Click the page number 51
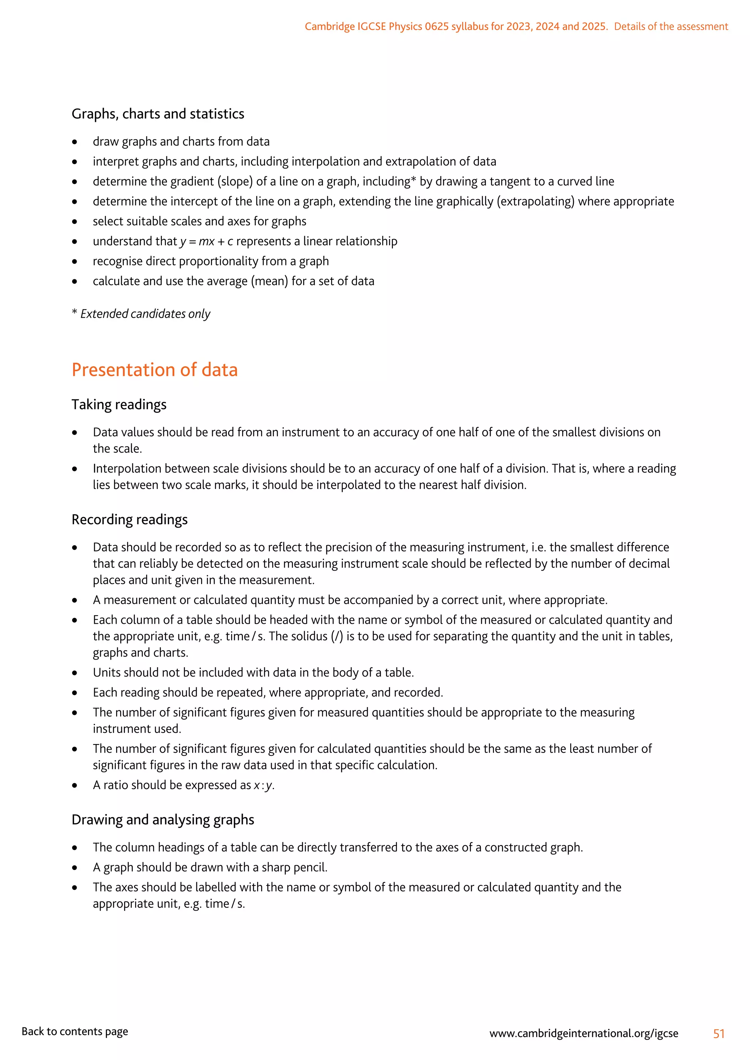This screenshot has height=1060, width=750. (x=719, y=1033)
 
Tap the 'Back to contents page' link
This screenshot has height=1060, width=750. (x=75, y=1031)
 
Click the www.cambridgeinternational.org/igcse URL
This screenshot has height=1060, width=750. (x=584, y=1033)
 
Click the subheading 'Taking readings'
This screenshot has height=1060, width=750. (x=119, y=404)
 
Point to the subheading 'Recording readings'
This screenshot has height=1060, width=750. (x=129, y=519)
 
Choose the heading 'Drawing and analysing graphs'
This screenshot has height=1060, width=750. (x=163, y=820)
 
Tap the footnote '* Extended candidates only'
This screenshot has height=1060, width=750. (x=141, y=314)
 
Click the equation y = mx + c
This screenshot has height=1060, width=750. (x=207, y=242)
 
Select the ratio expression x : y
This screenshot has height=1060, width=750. (x=263, y=785)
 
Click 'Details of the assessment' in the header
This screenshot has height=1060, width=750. (x=671, y=26)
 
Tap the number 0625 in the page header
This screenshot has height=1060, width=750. (x=437, y=26)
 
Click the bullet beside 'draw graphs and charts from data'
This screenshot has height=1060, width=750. (x=75, y=142)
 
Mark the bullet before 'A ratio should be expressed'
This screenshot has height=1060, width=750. (x=75, y=786)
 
